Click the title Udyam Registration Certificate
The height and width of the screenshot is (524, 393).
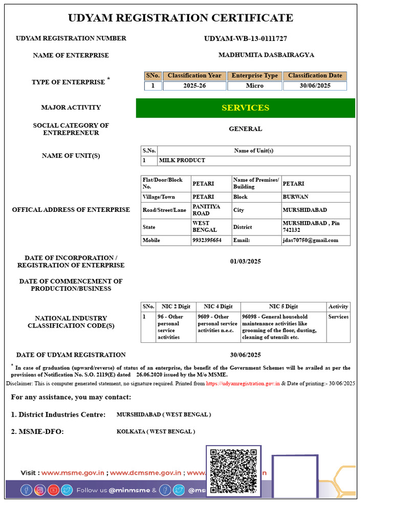181,18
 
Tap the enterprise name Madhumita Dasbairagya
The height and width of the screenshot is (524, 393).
266,55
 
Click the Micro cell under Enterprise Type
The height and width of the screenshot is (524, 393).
254,85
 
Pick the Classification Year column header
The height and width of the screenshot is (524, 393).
194,76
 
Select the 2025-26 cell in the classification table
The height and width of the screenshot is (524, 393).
194,85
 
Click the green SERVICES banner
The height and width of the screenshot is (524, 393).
245,108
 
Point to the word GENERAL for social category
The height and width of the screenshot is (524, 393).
245,129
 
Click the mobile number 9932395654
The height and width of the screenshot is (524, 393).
207,240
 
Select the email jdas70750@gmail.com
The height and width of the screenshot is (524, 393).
311,240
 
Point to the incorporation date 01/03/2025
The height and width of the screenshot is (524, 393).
245,261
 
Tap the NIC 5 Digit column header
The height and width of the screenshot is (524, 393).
283,307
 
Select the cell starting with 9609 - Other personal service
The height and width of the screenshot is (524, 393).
217,323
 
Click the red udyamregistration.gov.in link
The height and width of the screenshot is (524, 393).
243,383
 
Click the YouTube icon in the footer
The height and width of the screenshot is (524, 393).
53,490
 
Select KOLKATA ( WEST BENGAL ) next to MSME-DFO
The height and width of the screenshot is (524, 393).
156,431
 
